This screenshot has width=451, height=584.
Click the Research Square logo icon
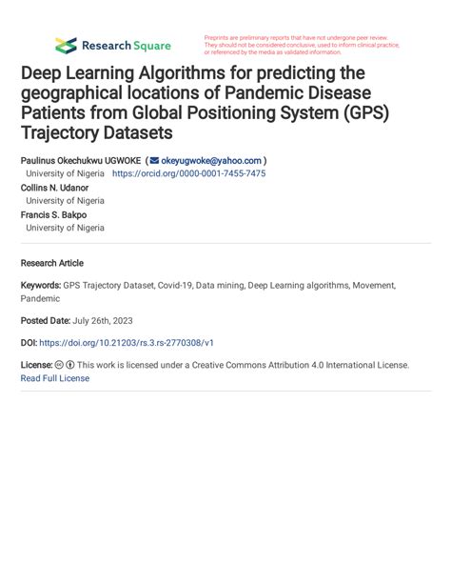coord(66,45)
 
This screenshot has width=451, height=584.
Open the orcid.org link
coord(188,174)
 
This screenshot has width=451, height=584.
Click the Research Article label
coord(51,263)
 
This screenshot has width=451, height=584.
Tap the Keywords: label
coord(40,285)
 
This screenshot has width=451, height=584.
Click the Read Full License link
coord(54,378)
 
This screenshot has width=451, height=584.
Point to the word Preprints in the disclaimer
coord(220,37)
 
